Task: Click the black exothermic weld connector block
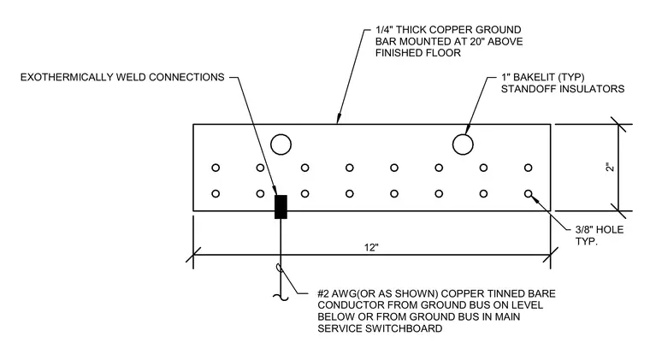click(281, 207)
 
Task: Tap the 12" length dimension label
click(371, 247)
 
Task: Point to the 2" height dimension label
click(610, 167)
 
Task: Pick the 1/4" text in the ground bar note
click(384, 30)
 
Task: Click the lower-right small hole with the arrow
click(528, 193)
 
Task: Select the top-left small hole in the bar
click(216, 168)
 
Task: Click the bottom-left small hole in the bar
click(216, 193)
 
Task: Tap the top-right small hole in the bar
click(528, 168)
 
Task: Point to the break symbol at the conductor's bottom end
click(281, 297)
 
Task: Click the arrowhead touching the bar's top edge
click(339, 119)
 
